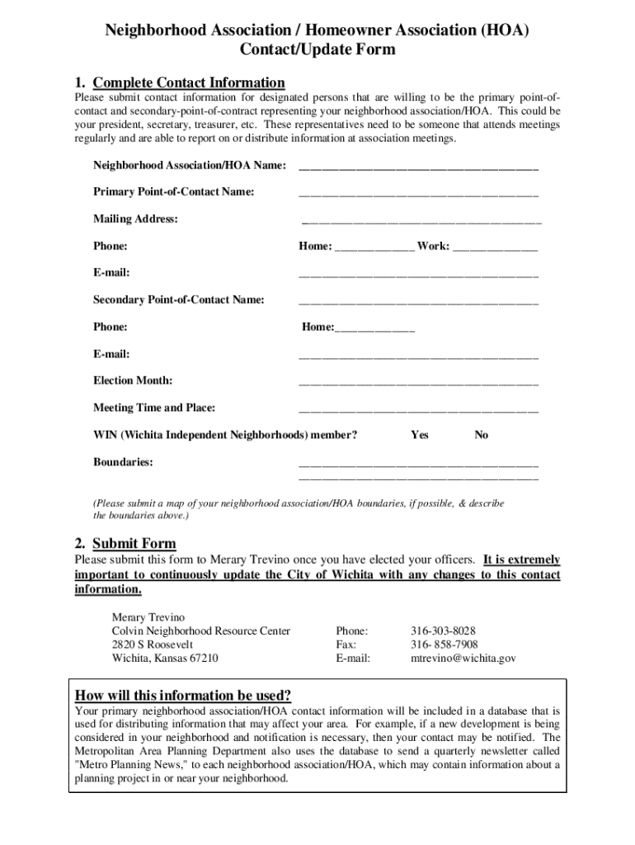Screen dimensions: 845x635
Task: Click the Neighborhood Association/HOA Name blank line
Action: click(418, 168)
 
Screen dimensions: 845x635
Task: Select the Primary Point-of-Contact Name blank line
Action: click(418, 195)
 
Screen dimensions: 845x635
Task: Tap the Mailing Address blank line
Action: click(421, 222)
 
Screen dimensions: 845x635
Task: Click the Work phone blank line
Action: click(495, 248)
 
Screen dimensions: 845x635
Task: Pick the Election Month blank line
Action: click(418, 384)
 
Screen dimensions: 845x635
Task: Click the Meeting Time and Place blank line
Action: click(418, 410)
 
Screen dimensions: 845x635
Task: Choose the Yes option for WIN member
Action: click(420, 435)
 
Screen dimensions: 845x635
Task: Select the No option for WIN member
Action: click(481, 435)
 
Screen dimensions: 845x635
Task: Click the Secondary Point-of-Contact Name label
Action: click(179, 300)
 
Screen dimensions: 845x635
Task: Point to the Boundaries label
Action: click(123, 462)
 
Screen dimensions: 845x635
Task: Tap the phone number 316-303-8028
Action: click(443, 631)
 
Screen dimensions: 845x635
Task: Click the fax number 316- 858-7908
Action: click(444, 644)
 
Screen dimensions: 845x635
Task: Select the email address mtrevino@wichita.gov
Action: click(463, 659)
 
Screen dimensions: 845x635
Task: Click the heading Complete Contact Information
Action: click(189, 83)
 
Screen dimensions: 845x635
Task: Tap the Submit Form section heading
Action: click(134, 543)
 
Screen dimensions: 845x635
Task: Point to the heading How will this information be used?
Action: click(183, 694)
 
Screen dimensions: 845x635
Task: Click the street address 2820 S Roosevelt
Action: click(153, 644)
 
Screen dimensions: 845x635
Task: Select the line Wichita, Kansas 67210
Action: click(165, 659)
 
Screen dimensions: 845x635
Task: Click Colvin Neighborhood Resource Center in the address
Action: click(200, 631)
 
